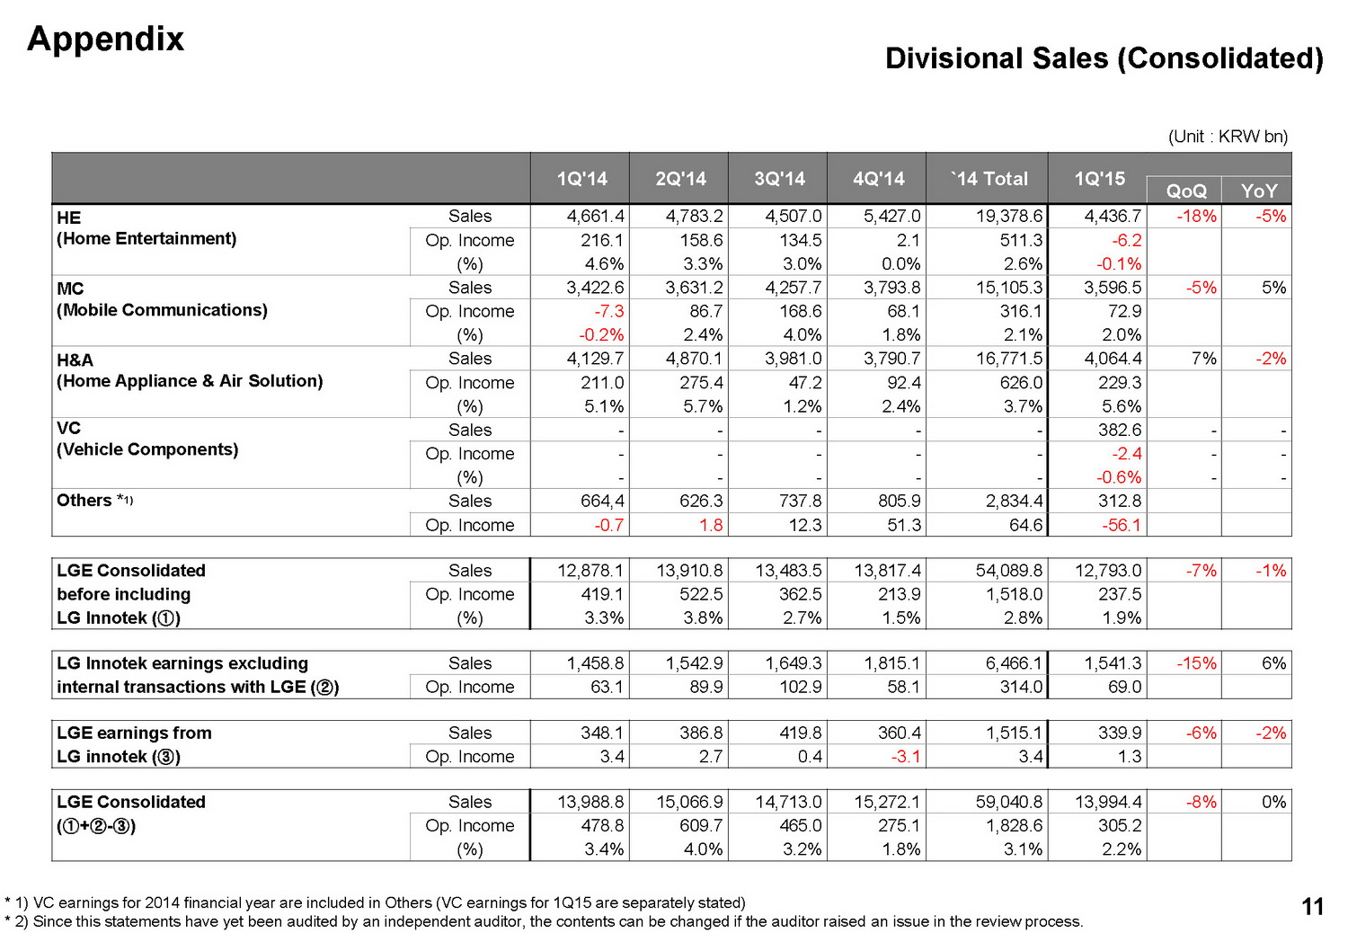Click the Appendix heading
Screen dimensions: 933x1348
click(105, 39)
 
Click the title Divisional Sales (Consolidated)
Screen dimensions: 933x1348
click(1104, 58)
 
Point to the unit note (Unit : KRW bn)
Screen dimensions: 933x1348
click(1228, 137)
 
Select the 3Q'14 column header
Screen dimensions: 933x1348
click(779, 179)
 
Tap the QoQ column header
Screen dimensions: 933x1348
click(1185, 191)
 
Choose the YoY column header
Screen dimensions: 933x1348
click(1258, 191)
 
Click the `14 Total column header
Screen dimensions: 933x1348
click(989, 179)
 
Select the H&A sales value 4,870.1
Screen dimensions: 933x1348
click(694, 359)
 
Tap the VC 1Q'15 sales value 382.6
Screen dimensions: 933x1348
click(1119, 430)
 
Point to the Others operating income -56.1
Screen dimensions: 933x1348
click(1119, 525)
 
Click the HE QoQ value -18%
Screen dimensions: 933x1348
click(1196, 217)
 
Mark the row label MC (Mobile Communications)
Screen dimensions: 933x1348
click(162, 299)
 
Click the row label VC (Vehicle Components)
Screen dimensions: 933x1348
click(147, 440)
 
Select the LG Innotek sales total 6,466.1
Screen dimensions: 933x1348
click(1014, 663)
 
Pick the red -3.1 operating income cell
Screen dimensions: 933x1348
click(905, 757)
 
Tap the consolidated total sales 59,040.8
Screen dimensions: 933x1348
click(1008, 802)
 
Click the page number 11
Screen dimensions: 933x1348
click(1312, 907)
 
